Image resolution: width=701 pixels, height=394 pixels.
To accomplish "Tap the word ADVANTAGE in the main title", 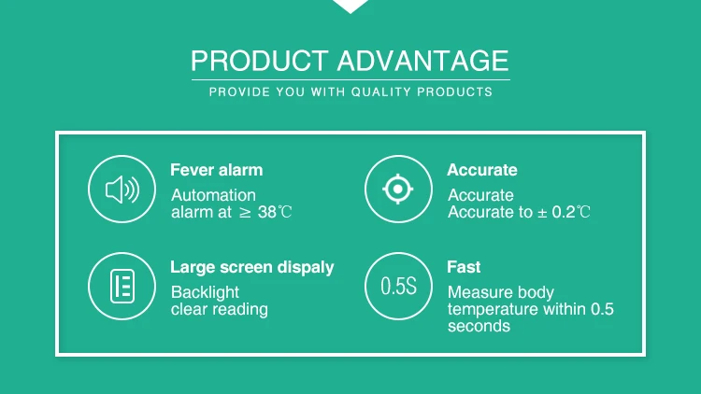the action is point(422,61).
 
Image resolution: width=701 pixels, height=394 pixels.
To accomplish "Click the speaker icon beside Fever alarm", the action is point(122,190).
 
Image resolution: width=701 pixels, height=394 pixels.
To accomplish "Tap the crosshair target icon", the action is point(398,190).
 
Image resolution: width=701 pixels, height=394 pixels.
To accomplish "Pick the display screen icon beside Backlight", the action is point(122,287).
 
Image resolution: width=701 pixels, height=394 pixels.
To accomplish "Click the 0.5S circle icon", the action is point(398,287).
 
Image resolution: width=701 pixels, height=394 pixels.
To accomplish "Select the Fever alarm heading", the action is point(217,170).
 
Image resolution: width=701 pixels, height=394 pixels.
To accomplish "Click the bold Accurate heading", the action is point(482,170).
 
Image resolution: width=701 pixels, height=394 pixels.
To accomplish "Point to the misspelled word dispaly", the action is point(306,268).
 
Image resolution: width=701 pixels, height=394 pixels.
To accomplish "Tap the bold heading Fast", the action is point(464,267).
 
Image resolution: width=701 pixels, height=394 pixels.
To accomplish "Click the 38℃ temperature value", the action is point(275,212).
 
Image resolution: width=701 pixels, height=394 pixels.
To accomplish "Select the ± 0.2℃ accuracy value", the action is point(564,212).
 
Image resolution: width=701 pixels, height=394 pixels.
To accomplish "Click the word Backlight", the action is point(206,292).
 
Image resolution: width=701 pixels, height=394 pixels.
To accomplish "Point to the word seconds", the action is point(479,326).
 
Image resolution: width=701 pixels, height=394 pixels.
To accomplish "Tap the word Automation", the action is point(214,195).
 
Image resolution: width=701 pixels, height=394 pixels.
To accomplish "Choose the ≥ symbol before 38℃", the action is point(245,213).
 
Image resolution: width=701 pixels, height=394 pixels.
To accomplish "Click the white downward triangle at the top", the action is point(350,6).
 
